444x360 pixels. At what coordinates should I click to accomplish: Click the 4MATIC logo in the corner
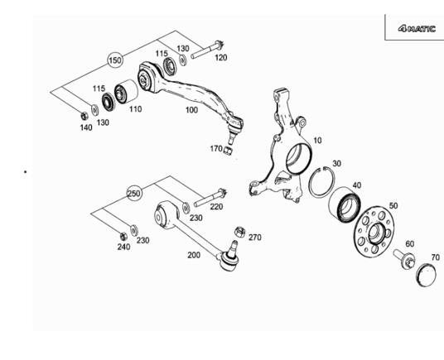click(417, 29)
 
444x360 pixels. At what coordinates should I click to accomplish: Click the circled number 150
click(115, 60)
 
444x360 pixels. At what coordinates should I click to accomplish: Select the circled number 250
click(134, 194)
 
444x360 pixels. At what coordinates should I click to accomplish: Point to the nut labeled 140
click(84, 116)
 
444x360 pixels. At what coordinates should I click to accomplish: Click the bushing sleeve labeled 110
click(126, 91)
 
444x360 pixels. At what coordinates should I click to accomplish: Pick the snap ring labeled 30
click(321, 182)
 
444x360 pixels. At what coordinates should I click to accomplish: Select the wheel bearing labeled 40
click(345, 204)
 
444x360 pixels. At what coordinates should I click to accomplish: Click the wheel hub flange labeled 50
click(374, 231)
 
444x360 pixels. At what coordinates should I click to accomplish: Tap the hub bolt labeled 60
click(404, 258)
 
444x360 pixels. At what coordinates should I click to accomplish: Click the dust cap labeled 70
click(427, 275)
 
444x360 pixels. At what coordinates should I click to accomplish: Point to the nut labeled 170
click(229, 150)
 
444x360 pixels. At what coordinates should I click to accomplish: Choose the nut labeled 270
click(239, 232)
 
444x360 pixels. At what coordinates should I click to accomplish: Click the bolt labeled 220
click(210, 198)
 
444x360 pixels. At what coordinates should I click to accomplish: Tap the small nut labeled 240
click(123, 236)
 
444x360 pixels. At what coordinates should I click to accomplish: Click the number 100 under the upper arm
click(191, 110)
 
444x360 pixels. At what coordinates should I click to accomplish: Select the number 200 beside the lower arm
click(194, 255)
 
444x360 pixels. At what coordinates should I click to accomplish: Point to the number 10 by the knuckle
click(318, 140)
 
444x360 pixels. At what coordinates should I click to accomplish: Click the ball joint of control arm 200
click(230, 259)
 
